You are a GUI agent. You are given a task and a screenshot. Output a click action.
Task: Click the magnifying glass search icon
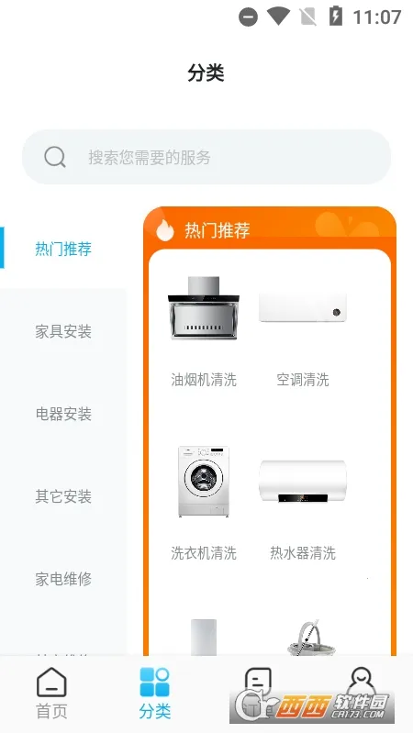55,157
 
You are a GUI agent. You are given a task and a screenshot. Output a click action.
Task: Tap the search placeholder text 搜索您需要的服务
150,157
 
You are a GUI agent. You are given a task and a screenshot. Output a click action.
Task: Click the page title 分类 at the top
206,73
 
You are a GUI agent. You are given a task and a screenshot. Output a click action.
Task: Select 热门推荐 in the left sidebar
63,249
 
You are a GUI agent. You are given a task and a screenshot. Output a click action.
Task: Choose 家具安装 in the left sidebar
63,331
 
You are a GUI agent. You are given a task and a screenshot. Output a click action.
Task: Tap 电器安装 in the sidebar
63,414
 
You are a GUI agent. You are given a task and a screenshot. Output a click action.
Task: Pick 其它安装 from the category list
63,496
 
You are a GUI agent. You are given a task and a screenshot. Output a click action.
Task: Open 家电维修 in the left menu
63,579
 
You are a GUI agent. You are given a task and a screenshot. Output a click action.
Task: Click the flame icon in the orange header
165,229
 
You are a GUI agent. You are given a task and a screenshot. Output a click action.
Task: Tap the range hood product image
204,308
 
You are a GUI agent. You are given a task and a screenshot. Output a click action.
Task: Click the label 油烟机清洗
204,379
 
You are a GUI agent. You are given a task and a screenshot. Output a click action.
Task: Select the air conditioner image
303,307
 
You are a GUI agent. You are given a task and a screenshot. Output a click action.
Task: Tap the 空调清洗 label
303,379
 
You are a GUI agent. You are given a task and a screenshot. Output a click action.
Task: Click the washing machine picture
204,483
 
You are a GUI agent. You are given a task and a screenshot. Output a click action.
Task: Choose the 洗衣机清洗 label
204,553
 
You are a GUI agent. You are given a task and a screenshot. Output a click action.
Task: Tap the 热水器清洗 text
303,553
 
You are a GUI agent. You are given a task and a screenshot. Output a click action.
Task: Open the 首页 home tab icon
51,683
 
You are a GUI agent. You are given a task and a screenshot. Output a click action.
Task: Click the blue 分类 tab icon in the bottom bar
155,683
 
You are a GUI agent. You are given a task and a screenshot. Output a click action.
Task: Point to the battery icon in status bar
337,17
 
